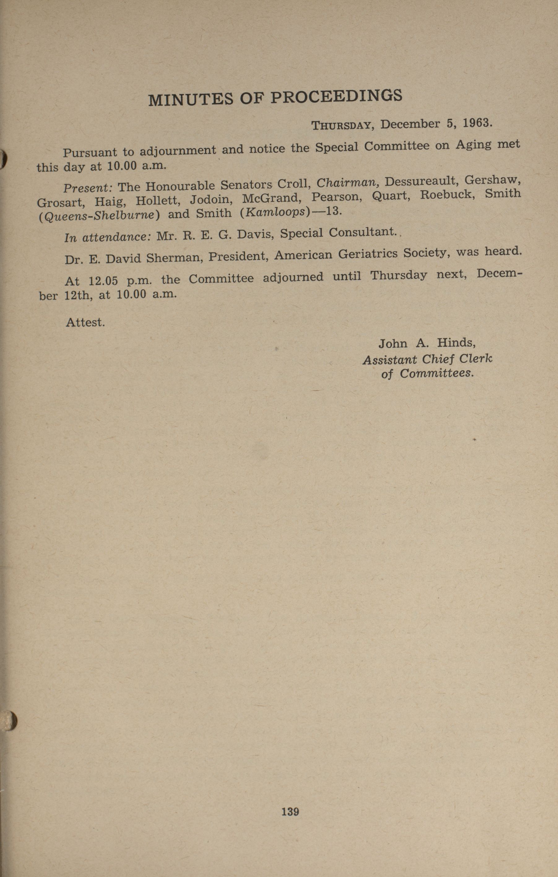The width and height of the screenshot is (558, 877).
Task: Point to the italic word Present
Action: (88, 188)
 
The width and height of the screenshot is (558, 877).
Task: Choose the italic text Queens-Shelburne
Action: (99, 216)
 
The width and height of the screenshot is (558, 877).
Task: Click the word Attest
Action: (85, 322)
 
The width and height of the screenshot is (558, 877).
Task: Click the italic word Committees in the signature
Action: (436, 373)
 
